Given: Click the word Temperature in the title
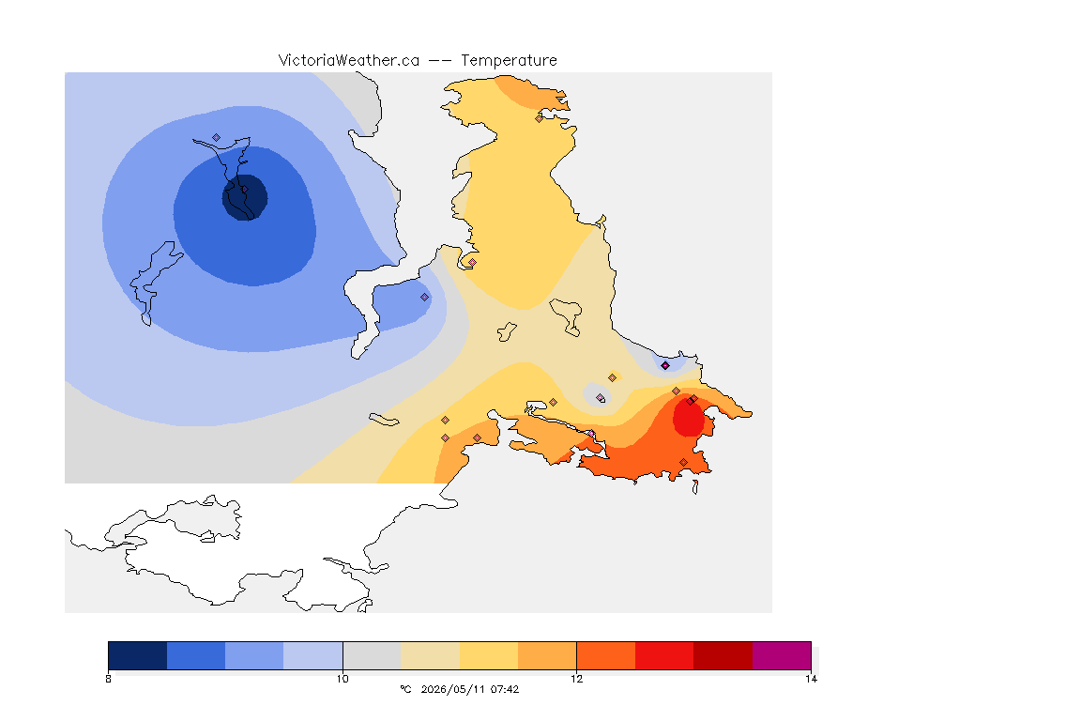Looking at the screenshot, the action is pyautogui.click(x=509, y=61).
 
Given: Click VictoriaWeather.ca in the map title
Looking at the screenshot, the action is pyautogui.click(x=349, y=61).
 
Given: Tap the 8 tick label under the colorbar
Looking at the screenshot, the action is pyautogui.click(x=108, y=679).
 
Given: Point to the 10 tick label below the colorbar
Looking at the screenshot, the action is pyautogui.click(x=343, y=679).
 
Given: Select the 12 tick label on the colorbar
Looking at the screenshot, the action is pyautogui.click(x=576, y=679).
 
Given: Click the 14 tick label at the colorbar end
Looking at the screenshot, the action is pyautogui.click(x=811, y=679).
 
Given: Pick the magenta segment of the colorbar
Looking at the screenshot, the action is pyautogui.click(x=781, y=655).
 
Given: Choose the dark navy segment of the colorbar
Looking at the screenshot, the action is pyautogui.click(x=138, y=655).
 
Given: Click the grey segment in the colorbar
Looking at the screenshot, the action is pyautogui.click(x=372, y=655).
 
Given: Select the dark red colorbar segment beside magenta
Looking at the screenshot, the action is pyautogui.click(x=723, y=655).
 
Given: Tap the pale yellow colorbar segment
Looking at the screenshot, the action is pyautogui.click(x=430, y=655).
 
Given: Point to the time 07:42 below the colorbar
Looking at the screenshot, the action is pyautogui.click(x=505, y=689).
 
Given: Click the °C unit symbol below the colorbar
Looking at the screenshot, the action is pyautogui.click(x=405, y=689).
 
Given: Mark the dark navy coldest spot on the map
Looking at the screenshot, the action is pyautogui.click(x=245, y=197).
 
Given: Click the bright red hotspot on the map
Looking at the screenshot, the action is pyautogui.click(x=688, y=418).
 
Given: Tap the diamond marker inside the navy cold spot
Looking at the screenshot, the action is pyautogui.click(x=244, y=189).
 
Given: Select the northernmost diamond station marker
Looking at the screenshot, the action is pyautogui.click(x=540, y=118).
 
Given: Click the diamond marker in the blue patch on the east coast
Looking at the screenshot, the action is pyautogui.click(x=665, y=366).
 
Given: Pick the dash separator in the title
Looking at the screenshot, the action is pyautogui.click(x=440, y=61).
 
